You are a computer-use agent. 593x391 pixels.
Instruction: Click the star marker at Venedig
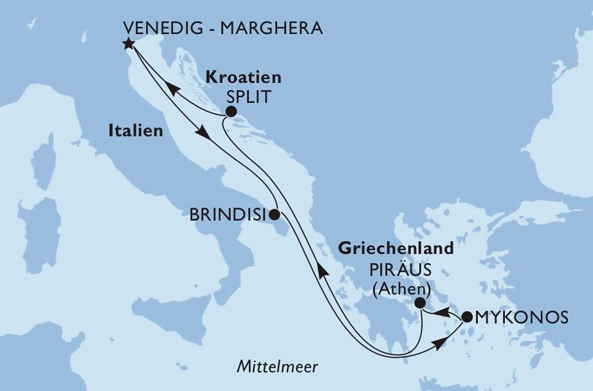pyautogui.click(x=128, y=44)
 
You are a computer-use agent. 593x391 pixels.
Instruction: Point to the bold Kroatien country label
pyautogui.click(x=243, y=78)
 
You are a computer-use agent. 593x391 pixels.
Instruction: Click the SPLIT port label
pyautogui.click(x=246, y=97)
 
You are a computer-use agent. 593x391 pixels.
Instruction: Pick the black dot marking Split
pyautogui.click(x=230, y=112)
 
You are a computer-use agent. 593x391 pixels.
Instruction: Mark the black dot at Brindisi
pyautogui.click(x=274, y=214)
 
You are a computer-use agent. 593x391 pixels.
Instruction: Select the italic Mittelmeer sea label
pyautogui.click(x=277, y=367)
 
